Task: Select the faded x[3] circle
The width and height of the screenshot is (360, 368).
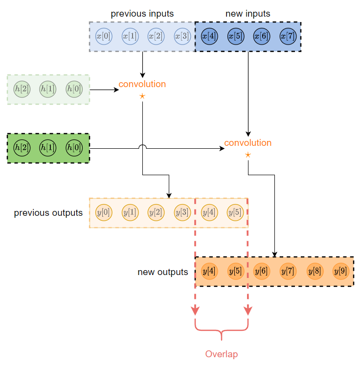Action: pyautogui.click(x=182, y=36)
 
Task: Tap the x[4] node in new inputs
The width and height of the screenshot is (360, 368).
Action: pyautogui.click(x=209, y=36)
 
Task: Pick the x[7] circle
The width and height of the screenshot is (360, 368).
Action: pyautogui.click(x=288, y=36)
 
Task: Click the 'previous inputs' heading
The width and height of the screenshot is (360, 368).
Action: pyautogui.click(x=142, y=14)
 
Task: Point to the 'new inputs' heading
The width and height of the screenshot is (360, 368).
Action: pyautogui.click(x=247, y=14)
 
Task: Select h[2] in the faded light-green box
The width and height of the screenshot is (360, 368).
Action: pyautogui.click(x=22, y=89)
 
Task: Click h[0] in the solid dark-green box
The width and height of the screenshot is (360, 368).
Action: pyautogui.click(x=74, y=147)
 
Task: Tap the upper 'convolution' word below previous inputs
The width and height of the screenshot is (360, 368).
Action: pyautogui.click(x=142, y=84)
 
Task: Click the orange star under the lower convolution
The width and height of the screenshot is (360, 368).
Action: pyautogui.click(x=247, y=155)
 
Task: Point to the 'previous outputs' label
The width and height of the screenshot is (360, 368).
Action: pyautogui.click(x=48, y=213)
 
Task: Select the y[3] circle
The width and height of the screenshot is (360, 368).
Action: pyautogui.click(x=182, y=212)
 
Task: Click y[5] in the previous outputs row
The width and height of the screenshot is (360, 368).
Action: pyautogui.click(x=235, y=212)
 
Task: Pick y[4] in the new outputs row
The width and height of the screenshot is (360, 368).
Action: pyautogui.click(x=209, y=271)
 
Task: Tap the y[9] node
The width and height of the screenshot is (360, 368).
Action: pyautogui.click(x=340, y=271)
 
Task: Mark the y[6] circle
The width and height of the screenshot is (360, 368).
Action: pyautogui.click(x=262, y=271)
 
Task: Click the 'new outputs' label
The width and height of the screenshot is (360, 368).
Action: pyautogui.click(x=162, y=272)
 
